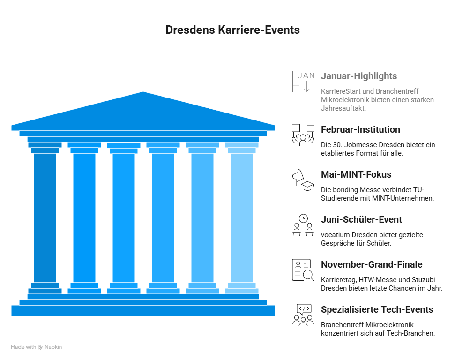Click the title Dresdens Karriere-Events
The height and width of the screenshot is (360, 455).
coord(232,30)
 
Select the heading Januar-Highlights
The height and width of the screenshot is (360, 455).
coord(359,76)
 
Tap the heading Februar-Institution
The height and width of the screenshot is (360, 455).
coord(360,129)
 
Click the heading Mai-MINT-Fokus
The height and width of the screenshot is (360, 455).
coord(356,174)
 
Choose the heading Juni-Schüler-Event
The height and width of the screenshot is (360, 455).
coord(361,219)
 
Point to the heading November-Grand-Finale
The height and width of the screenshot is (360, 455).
coord(372,264)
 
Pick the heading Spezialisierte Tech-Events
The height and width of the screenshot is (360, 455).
coord(377,309)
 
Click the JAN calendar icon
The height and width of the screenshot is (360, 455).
coord(303,82)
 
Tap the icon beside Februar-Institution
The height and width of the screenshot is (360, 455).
coord(303,135)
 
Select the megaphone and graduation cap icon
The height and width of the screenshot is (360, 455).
coord(303,180)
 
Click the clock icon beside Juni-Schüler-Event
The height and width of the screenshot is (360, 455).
coord(303,218)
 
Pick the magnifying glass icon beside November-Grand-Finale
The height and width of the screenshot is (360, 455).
coord(308,275)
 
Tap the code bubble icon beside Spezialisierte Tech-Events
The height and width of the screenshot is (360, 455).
coord(304,309)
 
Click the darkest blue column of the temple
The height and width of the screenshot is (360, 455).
coord(45,218)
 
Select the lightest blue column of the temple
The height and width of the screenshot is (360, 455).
coord(242,218)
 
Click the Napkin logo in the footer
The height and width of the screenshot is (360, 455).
coord(50,347)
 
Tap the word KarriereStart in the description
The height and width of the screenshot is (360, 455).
coord(341,91)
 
